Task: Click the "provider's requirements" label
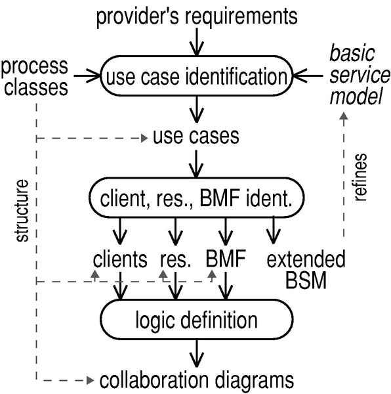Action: [x=197, y=16]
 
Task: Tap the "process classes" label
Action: [x=35, y=77]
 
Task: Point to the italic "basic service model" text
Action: [x=360, y=75]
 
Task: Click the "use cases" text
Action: [x=196, y=137]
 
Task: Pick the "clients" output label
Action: [x=120, y=259]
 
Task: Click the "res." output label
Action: [x=175, y=261]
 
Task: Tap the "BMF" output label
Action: [x=226, y=259]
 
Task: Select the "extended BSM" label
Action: [x=306, y=269]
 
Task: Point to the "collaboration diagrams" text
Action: [x=197, y=380]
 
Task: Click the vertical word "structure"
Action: [x=22, y=211]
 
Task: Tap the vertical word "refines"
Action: [x=361, y=177]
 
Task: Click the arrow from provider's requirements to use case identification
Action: [x=197, y=42]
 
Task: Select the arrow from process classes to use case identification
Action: [x=87, y=76]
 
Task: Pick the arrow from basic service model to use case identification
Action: [x=308, y=76]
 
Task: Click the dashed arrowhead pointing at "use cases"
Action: [x=144, y=138]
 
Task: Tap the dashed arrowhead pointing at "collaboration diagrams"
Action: [x=91, y=380]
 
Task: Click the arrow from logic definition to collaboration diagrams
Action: [x=197, y=353]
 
